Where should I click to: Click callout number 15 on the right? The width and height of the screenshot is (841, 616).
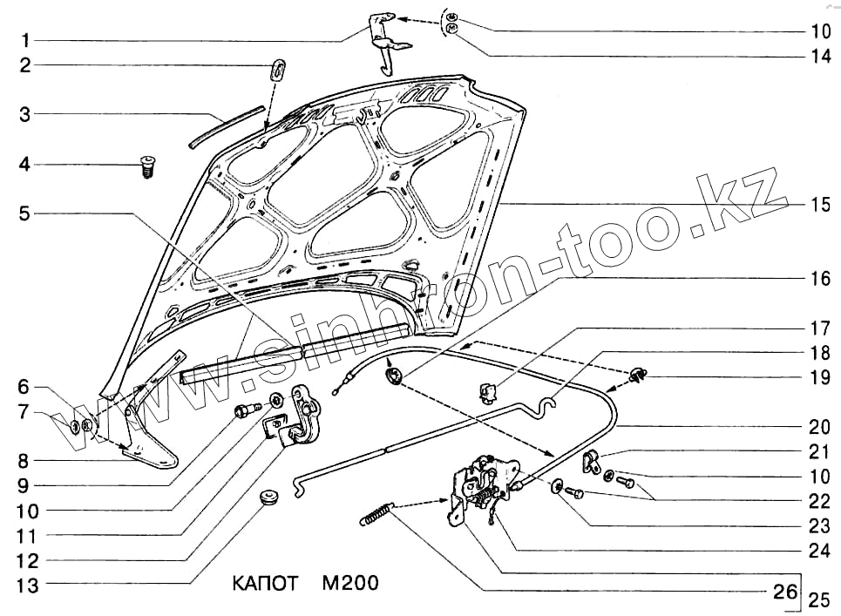click(x=819, y=206)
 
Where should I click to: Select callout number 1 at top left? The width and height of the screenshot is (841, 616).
click(x=26, y=40)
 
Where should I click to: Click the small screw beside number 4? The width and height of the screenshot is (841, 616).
click(x=146, y=166)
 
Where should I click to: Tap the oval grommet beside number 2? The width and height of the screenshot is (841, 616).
click(x=278, y=68)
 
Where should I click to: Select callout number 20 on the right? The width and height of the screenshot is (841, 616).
click(x=819, y=427)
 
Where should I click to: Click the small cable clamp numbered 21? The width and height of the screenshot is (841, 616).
click(x=590, y=459)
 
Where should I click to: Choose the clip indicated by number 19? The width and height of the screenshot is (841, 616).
click(x=641, y=376)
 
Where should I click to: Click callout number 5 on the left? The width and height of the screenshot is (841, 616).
click(x=26, y=212)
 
